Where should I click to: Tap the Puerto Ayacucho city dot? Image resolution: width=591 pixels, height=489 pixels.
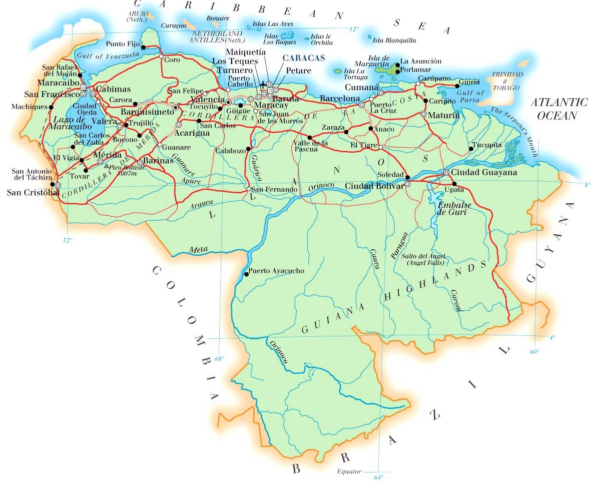click(246, 274)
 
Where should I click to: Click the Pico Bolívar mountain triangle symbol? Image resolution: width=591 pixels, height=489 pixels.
click(106, 165)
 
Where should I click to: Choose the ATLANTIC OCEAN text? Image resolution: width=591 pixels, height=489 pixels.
click(559, 109)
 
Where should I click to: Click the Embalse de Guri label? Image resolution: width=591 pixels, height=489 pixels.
click(452, 209)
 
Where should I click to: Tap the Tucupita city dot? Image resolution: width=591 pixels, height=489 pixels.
click(471, 149)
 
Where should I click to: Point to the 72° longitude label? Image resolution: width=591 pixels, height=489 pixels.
click(67, 240)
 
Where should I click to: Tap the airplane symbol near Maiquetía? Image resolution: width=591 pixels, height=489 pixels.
click(263, 83)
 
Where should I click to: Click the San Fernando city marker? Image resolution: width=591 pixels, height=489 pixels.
click(249, 189)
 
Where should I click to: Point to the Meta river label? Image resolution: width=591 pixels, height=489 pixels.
click(197, 249)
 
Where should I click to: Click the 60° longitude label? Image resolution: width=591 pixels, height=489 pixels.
click(535, 351)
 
